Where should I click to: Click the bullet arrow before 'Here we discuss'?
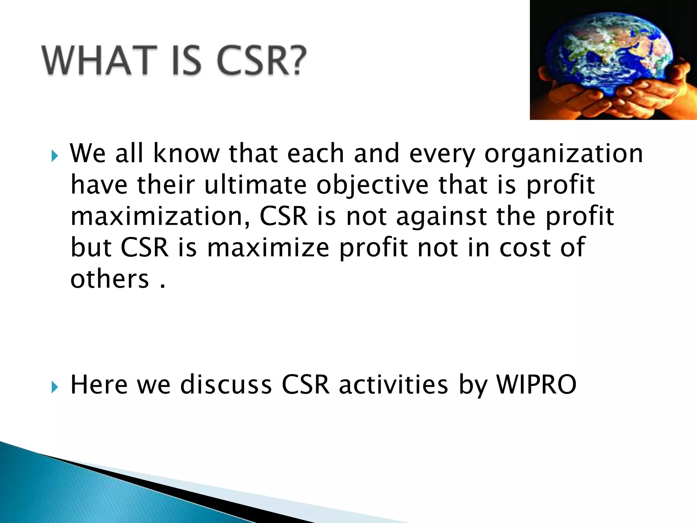(55, 387)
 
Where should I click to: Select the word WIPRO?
(536, 385)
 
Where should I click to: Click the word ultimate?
(255, 185)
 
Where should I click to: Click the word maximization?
(160, 217)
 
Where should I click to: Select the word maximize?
(268, 248)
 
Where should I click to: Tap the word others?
(110, 279)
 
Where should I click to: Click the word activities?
(393, 385)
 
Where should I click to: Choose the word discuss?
(226, 385)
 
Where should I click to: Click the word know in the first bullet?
(187, 154)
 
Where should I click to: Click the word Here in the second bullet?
(99, 385)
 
